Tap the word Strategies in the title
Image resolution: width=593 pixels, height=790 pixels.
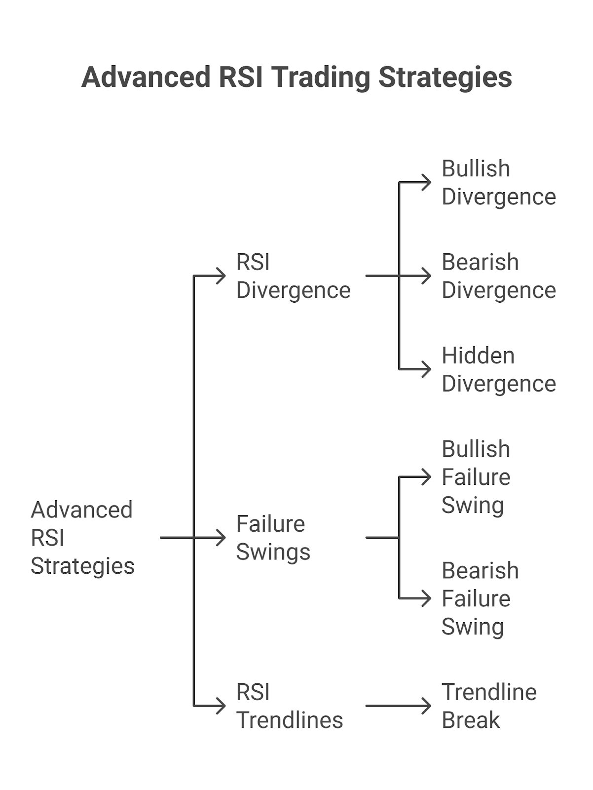[x=445, y=78]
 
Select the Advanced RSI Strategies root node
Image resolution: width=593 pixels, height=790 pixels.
[x=82, y=538]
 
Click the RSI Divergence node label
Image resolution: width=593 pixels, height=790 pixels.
[x=293, y=276]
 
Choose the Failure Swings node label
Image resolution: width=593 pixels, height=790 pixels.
[x=273, y=538]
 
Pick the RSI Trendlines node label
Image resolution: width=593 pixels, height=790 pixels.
[x=289, y=706]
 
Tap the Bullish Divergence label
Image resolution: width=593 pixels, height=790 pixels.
[x=498, y=183]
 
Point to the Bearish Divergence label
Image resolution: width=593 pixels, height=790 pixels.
[x=498, y=276]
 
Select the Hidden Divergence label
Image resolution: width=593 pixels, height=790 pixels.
[x=498, y=369]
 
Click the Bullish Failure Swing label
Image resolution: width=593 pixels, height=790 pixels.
[x=476, y=477]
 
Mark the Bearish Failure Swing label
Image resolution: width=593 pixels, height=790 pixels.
[x=480, y=598]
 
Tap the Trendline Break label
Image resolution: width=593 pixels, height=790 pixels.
[x=488, y=706]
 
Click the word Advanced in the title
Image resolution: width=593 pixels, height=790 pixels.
[x=146, y=78]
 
